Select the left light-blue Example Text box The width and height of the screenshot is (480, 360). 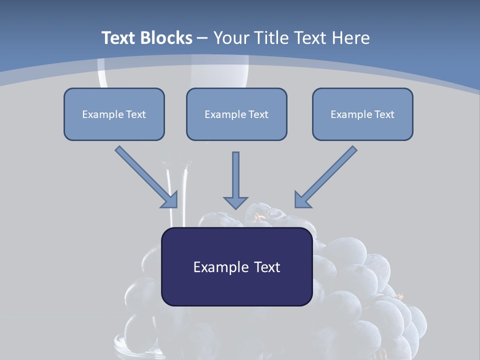(114, 114)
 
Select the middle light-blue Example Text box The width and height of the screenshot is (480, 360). (236, 114)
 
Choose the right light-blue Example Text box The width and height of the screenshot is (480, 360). (362, 114)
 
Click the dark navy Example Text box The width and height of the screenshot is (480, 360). (236, 266)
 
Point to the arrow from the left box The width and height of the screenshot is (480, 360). (145, 175)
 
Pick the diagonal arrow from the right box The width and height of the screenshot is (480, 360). (327, 175)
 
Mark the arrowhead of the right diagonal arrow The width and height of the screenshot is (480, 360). (302, 199)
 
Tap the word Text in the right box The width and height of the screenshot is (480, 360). (384, 114)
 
